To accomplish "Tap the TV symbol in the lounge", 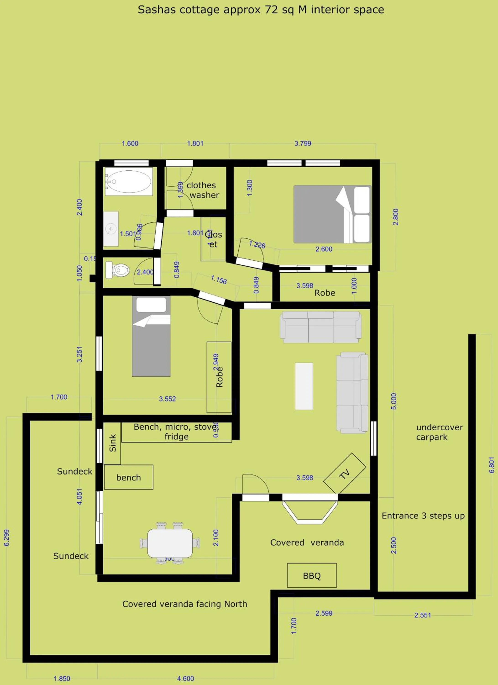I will (x=344, y=473).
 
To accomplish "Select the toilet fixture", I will (x=118, y=270).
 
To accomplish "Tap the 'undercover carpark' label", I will (x=439, y=432).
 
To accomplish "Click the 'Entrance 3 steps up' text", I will (x=423, y=516).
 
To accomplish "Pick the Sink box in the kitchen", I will (x=112, y=443).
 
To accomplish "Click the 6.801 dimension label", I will (x=492, y=465).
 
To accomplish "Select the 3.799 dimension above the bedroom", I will (x=303, y=143).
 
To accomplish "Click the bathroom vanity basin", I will (x=111, y=229).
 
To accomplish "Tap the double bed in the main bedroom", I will (x=332, y=214).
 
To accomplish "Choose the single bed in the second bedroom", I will (x=151, y=336).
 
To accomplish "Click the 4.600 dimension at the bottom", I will (x=185, y=678).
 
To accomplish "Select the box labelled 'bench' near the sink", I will (x=128, y=477).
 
